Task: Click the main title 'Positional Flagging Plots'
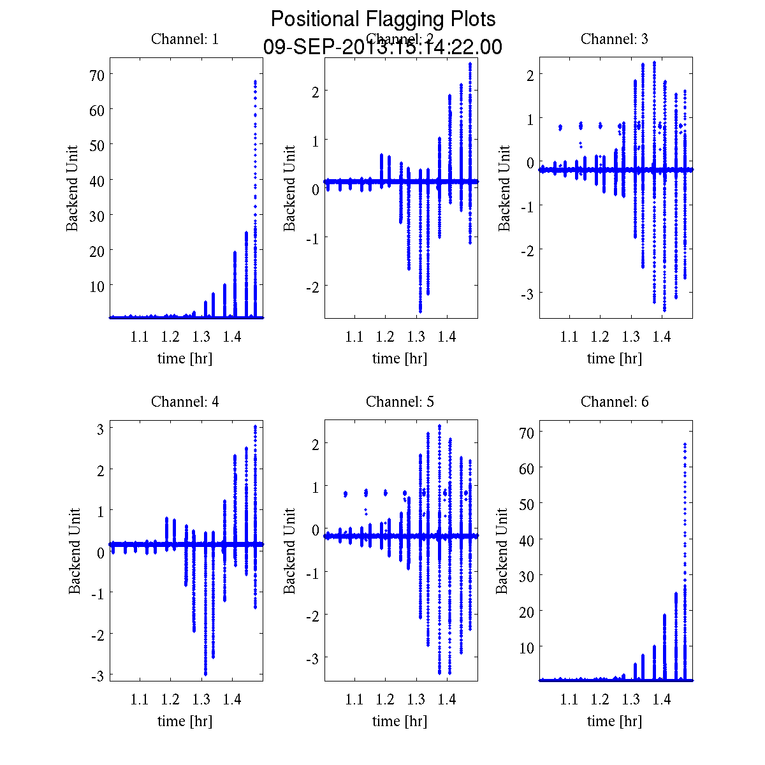pos(383,19)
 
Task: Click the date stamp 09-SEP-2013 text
pos(382,47)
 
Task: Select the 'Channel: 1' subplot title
pos(185,39)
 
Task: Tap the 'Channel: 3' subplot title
pos(615,39)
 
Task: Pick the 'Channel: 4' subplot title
pos(185,402)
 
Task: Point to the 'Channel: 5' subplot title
pos(400,402)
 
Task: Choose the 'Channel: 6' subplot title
pos(615,402)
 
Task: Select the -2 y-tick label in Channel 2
pos(312,287)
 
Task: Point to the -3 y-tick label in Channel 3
pos(527,293)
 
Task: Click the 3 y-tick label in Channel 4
pos(100,429)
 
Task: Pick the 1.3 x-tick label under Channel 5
pos(416,700)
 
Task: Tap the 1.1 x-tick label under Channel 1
pos(140,337)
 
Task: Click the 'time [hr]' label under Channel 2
pos(400,358)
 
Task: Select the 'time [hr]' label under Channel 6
pos(615,721)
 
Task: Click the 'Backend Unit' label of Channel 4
pos(75,551)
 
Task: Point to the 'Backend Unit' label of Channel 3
pos(504,188)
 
